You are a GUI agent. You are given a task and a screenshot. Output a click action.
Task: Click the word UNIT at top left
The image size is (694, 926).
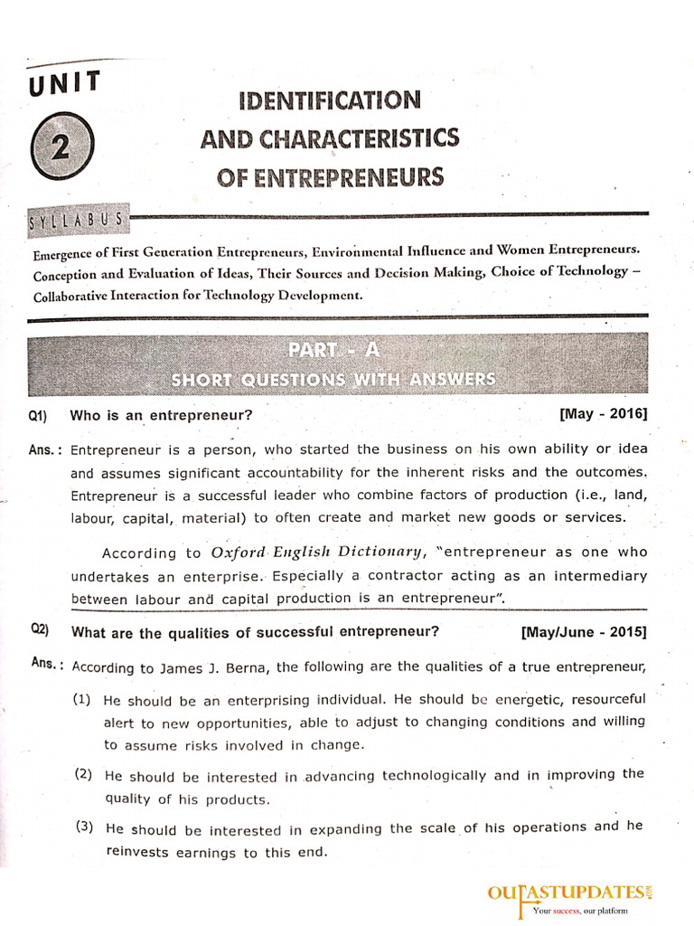[65, 86]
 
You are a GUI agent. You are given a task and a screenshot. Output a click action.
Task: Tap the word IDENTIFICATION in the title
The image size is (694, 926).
[329, 99]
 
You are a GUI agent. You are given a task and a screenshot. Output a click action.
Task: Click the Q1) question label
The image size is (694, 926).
[37, 416]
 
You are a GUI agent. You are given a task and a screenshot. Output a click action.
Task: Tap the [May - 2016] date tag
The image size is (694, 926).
[603, 414]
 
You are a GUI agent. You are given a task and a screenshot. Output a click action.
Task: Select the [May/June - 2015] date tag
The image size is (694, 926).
[584, 632]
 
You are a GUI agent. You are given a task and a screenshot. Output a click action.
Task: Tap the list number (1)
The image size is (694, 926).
[83, 699]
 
